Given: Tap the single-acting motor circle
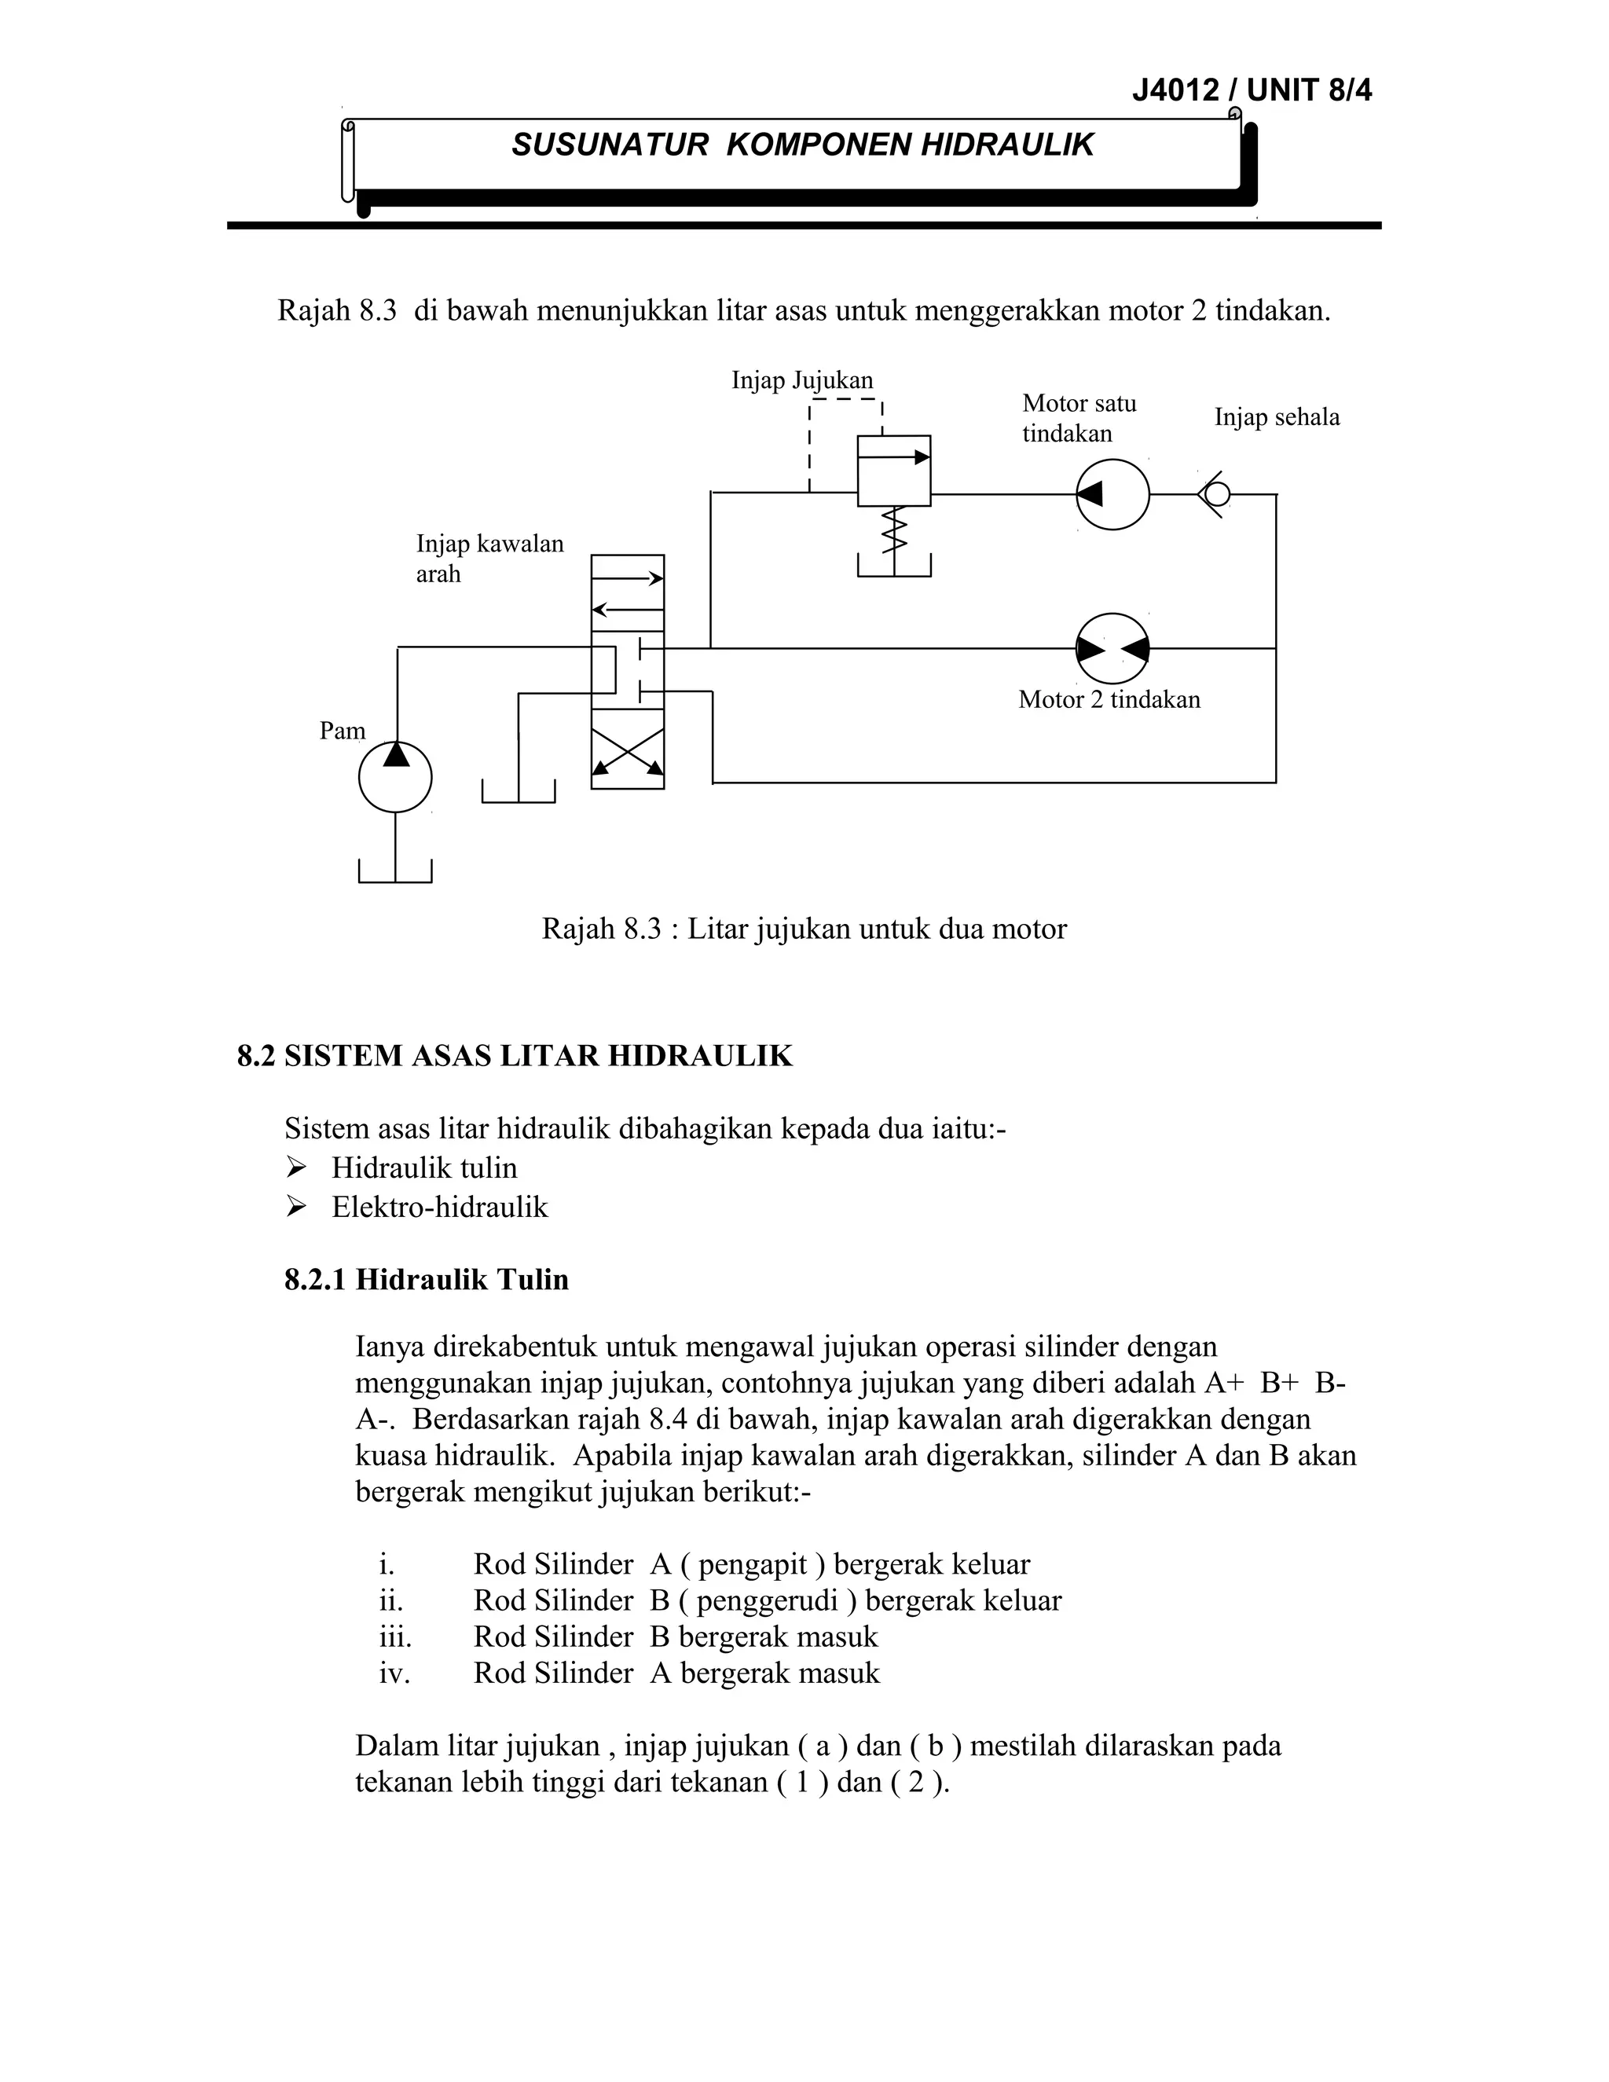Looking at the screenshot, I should (x=1112, y=494).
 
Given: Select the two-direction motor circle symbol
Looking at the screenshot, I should (x=1112, y=648).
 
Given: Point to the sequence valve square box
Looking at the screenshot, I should (x=894, y=471).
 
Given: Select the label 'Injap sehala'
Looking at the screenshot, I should (x=1277, y=416).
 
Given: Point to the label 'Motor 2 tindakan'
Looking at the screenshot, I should (x=1109, y=700).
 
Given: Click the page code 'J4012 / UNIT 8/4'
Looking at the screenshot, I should (x=1252, y=90).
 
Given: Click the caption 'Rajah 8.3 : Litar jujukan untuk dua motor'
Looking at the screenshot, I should (x=804, y=929).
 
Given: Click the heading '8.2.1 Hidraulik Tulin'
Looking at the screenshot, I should (x=426, y=1279).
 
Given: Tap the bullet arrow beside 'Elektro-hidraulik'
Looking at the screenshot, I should (x=295, y=1207).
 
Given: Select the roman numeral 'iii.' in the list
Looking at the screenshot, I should (x=396, y=1637).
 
